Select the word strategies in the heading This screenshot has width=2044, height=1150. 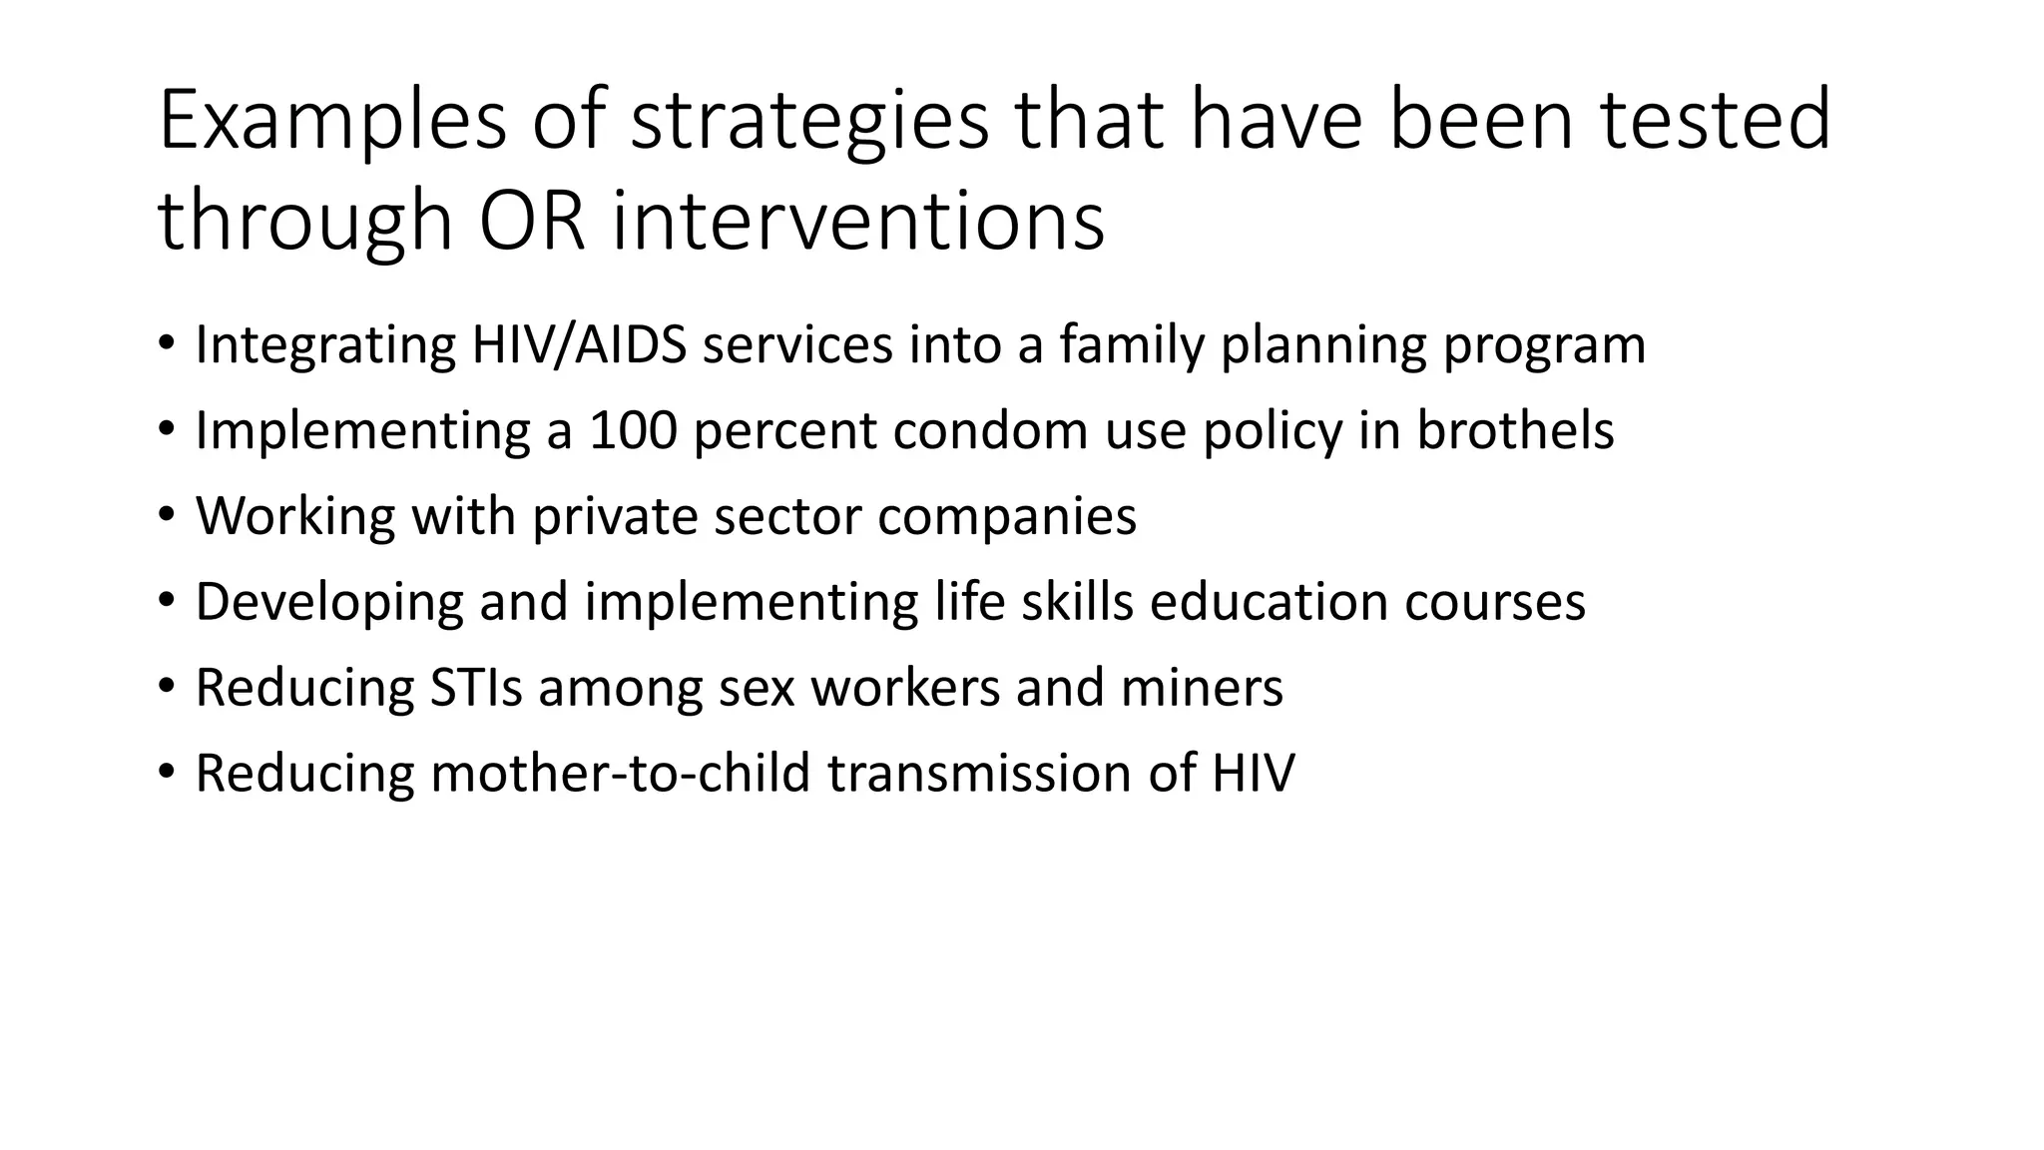pyautogui.click(x=809, y=121)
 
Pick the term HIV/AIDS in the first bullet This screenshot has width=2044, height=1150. pyautogui.click(x=579, y=344)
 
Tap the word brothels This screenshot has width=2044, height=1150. pyautogui.click(x=1515, y=430)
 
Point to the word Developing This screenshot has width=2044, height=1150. pyautogui.click(x=329, y=602)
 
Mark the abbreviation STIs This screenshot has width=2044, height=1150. pyautogui.click(x=476, y=688)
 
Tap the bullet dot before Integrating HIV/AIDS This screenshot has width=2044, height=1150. pyautogui.click(x=166, y=344)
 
